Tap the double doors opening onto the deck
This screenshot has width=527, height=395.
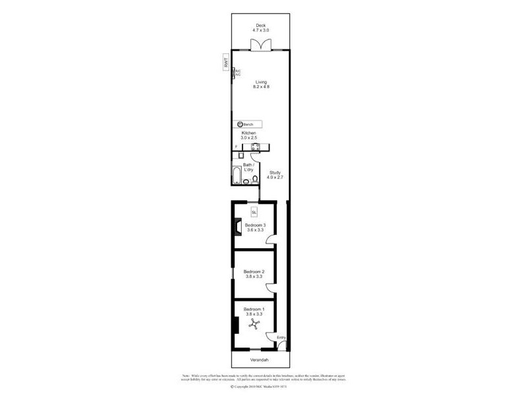(260, 45)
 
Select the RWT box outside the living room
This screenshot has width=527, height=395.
(225, 64)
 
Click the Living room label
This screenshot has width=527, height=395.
(262, 82)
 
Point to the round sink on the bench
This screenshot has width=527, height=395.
(240, 124)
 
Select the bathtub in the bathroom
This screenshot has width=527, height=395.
(236, 175)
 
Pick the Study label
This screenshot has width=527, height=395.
(274, 172)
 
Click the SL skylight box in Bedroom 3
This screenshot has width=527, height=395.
(254, 212)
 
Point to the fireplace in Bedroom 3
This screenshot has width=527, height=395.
(235, 226)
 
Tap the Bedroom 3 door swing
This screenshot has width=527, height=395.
(271, 241)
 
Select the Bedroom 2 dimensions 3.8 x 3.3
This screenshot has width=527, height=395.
(254, 277)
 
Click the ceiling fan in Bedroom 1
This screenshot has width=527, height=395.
(254, 325)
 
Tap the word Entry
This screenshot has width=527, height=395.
(281, 338)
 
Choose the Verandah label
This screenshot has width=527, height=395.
(260, 361)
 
